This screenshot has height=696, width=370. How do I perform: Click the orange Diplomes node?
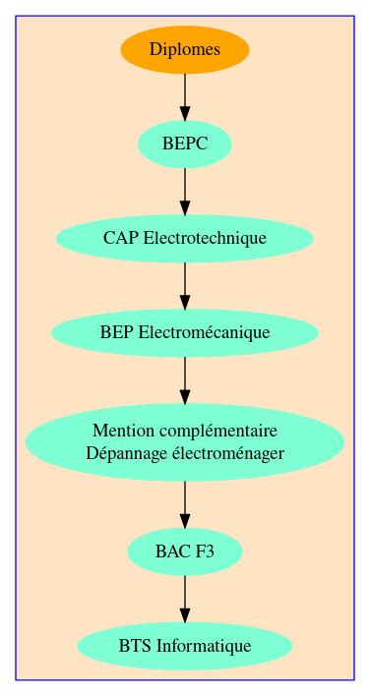click(x=185, y=49)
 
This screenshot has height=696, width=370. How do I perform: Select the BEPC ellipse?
click(x=185, y=144)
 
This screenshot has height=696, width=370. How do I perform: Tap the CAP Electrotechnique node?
click(x=185, y=238)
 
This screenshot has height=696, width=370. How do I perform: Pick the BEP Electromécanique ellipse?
click(x=185, y=332)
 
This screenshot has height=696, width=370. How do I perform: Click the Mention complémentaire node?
click(x=185, y=441)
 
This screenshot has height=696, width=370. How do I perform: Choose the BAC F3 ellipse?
click(x=185, y=551)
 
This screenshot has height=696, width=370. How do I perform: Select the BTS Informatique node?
click(x=185, y=646)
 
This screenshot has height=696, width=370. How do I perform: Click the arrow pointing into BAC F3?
click(x=185, y=504)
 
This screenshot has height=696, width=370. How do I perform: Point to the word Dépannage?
click(x=122, y=453)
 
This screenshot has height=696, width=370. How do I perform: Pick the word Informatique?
click(x=204, y=646)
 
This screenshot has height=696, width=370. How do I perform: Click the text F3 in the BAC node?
click(x=204, y=551)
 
